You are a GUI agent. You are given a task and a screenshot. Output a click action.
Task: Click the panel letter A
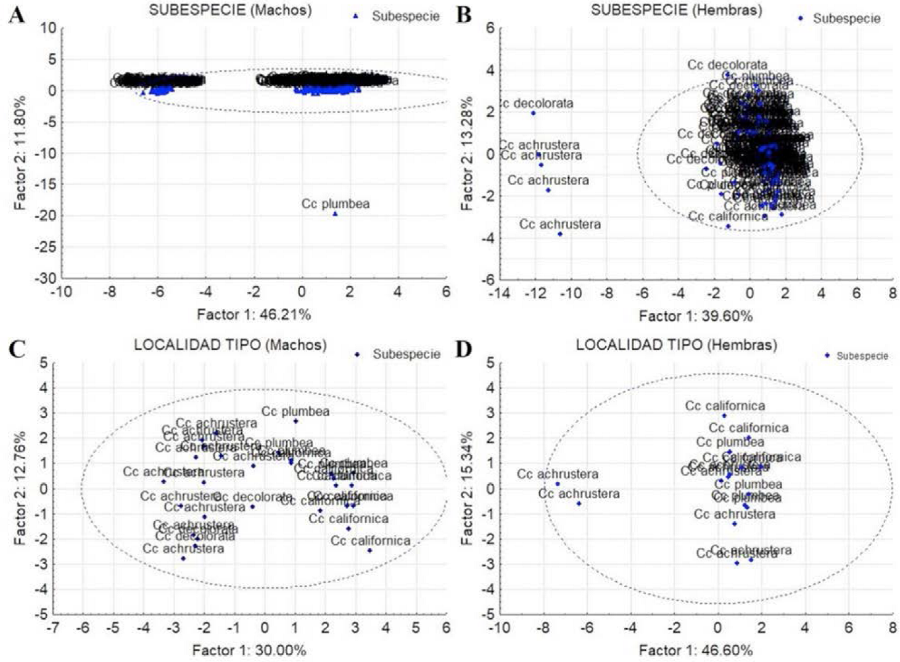[x=17, y=15]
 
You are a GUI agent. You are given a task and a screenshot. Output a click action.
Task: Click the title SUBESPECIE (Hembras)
[x=676, y=10]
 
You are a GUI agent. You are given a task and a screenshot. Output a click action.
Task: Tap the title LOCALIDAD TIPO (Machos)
[x=230, y=344]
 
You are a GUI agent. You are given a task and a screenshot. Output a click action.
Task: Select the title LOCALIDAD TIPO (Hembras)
[x=676, y=344]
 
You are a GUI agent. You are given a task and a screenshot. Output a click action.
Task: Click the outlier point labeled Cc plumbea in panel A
[x=335, y=213]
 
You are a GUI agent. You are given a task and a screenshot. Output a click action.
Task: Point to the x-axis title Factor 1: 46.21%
[x=254, y=315]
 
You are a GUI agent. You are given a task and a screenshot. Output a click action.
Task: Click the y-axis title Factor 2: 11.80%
[x=20, y=152]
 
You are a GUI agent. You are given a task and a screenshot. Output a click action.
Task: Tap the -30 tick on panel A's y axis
[x=44, y=278]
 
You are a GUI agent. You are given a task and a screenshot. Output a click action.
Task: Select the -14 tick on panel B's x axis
[x=500, y=292]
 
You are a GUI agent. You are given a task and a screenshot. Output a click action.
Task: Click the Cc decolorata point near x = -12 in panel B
[x=533, y=113]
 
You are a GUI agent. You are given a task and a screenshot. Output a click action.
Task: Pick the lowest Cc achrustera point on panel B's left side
[x=560, y=234]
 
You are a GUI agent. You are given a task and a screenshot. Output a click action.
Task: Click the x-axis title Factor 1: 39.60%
[x=695, y=316]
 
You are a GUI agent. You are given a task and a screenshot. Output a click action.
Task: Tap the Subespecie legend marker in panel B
[x=801, y=19]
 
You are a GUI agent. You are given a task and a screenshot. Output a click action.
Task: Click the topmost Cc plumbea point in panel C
[x=295, y=421]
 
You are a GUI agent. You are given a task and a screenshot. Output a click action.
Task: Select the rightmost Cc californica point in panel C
[x=369, y=550]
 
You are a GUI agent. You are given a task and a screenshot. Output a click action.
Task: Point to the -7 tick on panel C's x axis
[x=53, y=628]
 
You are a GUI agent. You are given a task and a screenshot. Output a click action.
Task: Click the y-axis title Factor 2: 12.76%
[x=20, y=487]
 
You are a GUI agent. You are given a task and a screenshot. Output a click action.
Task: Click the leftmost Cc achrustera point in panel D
[x=558, y=484]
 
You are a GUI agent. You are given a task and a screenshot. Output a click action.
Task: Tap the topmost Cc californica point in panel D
[x=724, y=416]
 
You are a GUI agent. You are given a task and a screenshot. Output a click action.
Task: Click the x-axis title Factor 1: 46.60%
[x=695, y=650]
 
